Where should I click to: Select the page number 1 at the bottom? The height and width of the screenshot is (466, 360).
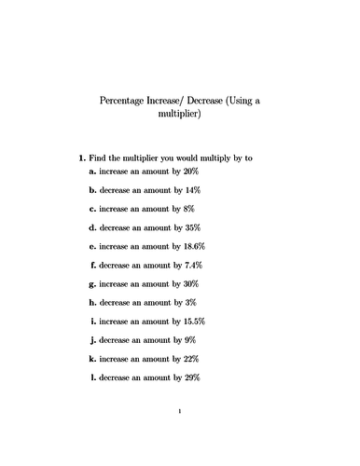[180, 435]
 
